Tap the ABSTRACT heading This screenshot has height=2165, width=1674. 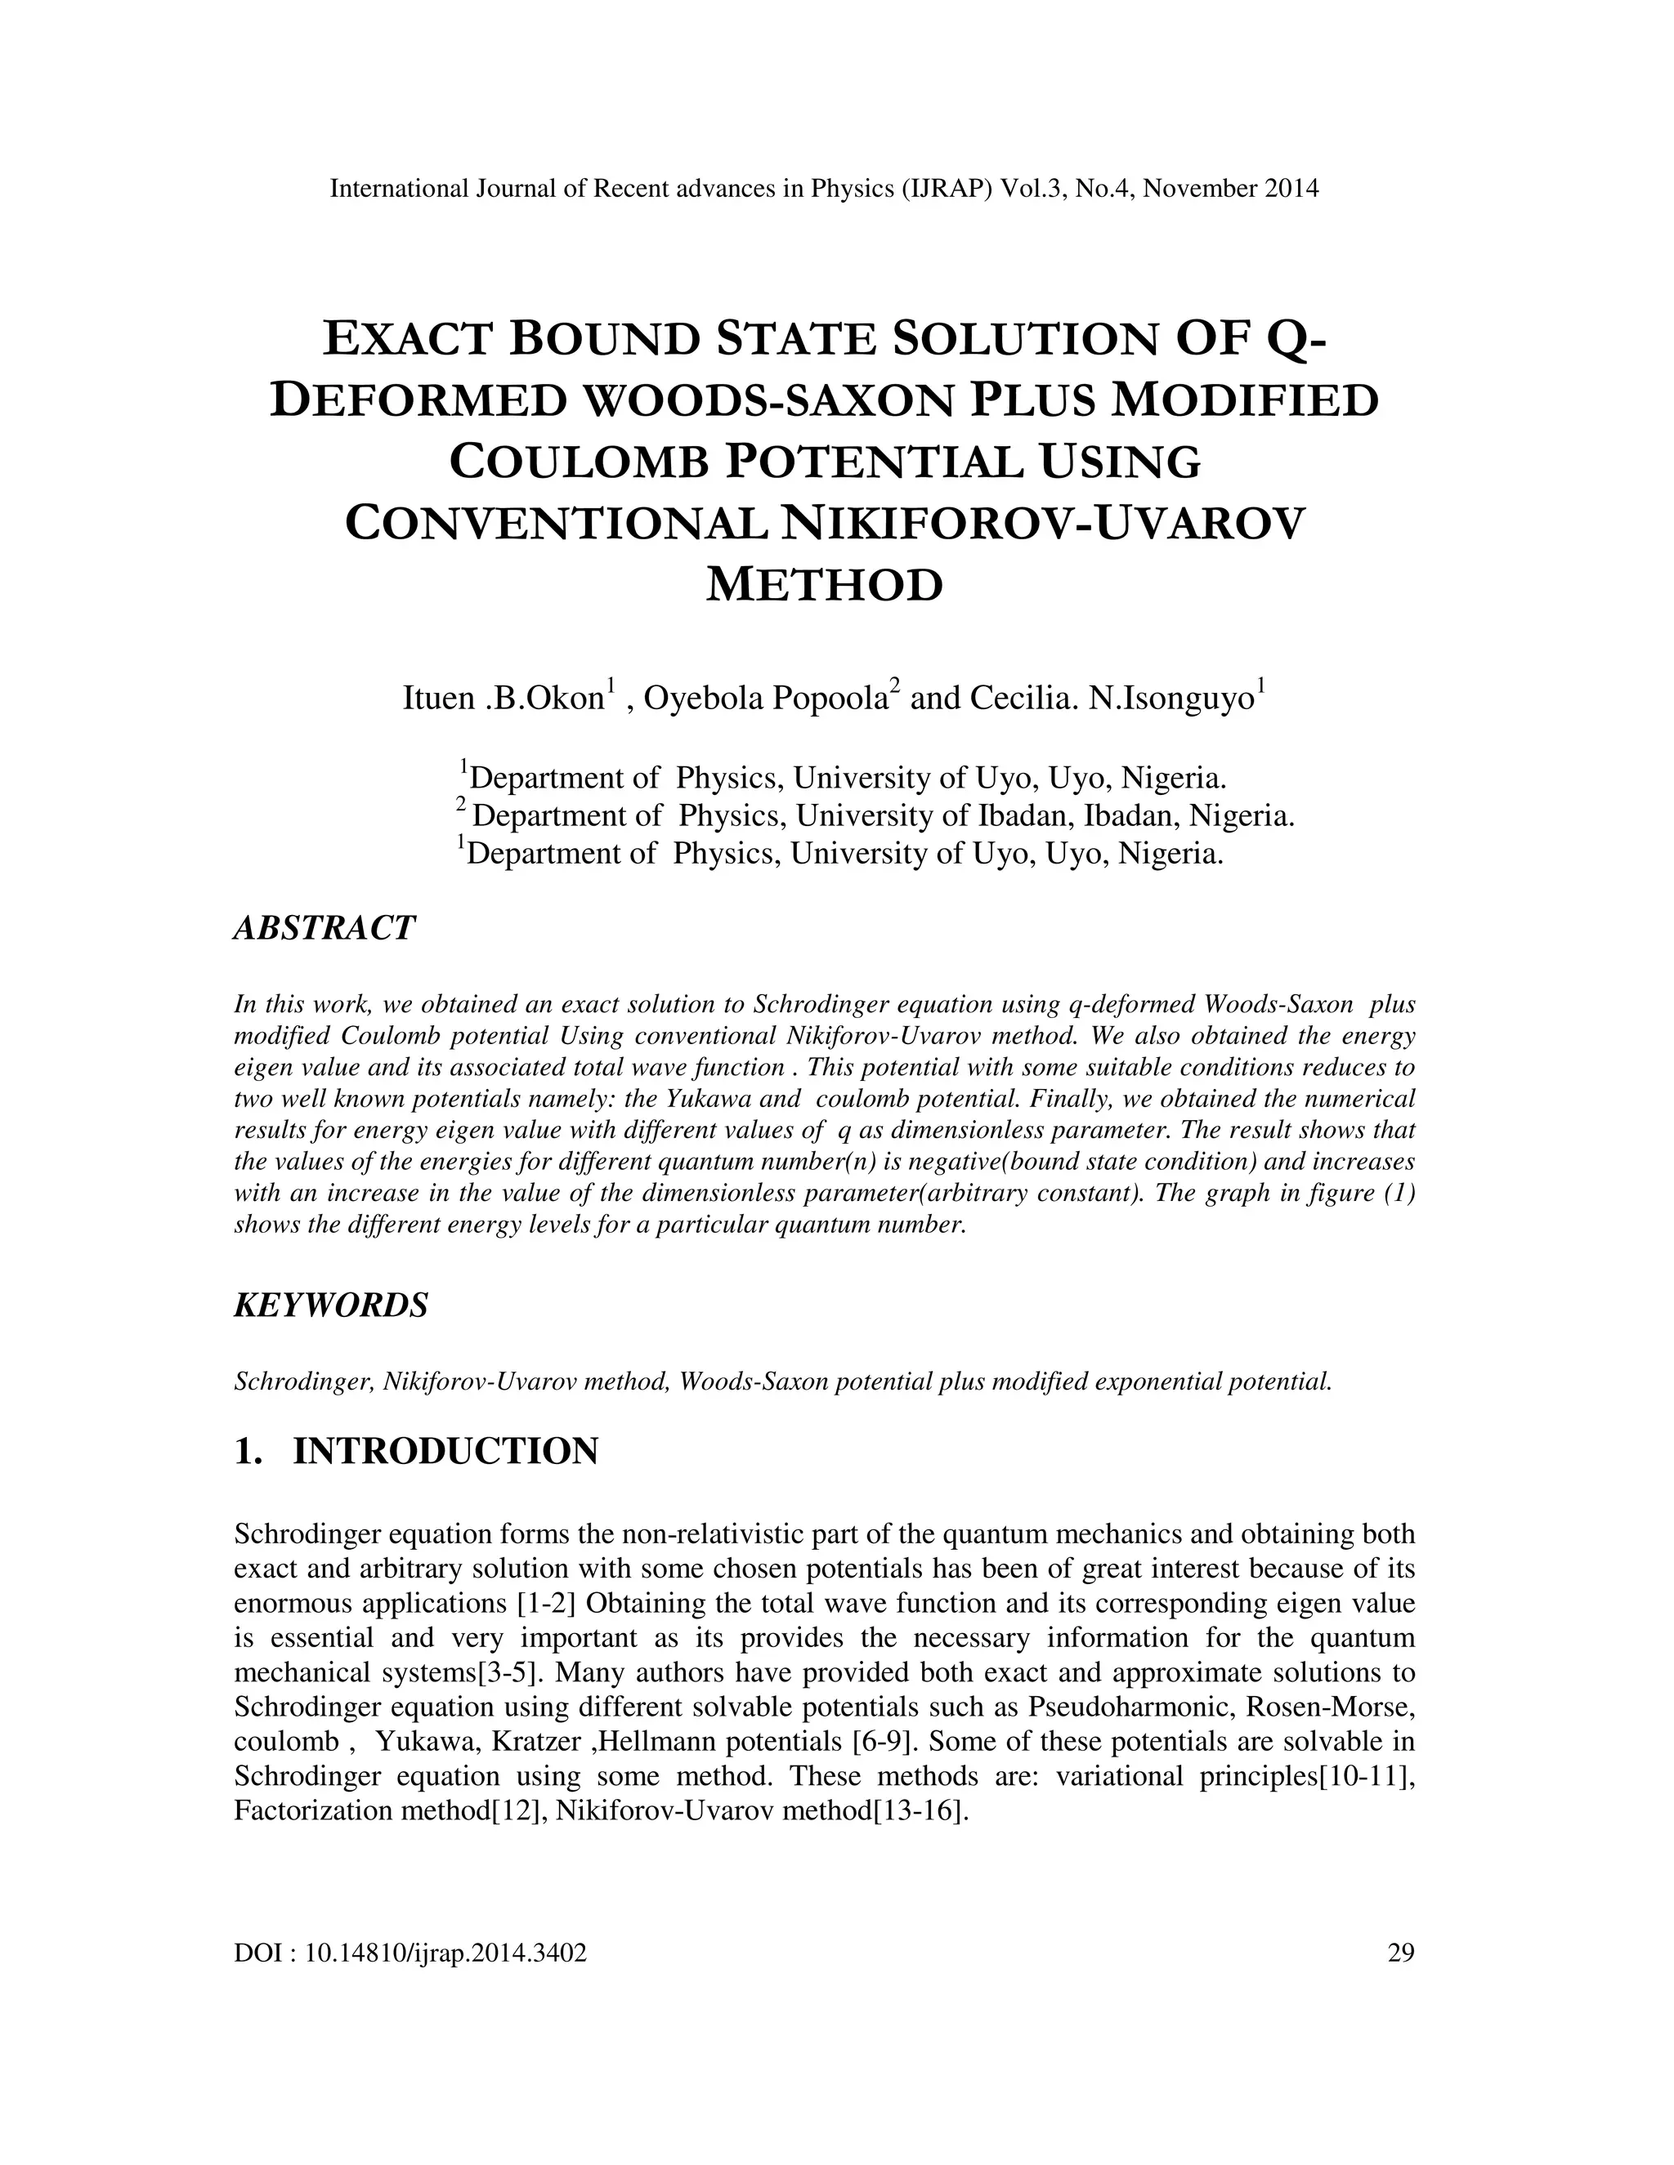324,928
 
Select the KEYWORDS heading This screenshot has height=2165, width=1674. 331,1305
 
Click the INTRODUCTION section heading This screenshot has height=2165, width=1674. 445,1451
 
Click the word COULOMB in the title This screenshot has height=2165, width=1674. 580,462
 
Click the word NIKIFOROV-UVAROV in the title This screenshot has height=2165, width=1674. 1043,524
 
